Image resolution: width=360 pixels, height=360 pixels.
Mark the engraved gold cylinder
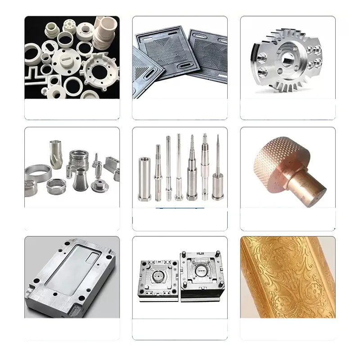pos(287,277)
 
